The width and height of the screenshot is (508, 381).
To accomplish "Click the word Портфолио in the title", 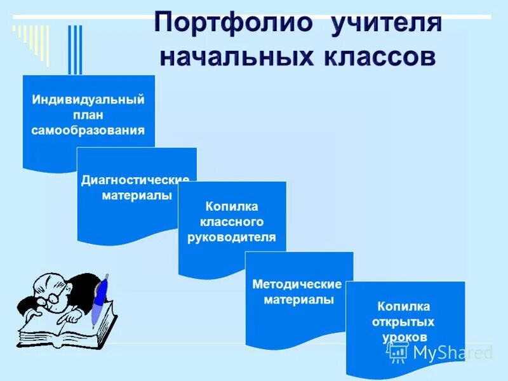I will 234,24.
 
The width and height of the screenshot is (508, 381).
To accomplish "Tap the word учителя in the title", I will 385,24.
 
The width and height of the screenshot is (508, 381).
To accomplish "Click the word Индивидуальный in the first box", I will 88,100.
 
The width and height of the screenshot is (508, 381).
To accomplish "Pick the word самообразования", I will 88,130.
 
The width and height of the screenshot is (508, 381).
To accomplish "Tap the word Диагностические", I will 136,180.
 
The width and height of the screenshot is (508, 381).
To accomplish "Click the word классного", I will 232,222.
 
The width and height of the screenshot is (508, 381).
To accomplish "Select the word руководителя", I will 232,237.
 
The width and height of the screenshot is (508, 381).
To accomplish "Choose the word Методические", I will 297,284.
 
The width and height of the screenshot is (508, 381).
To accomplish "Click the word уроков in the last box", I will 404,337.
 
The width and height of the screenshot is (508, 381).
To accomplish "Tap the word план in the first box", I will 88,115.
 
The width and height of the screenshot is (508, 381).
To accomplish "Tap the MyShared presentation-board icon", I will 398,351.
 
